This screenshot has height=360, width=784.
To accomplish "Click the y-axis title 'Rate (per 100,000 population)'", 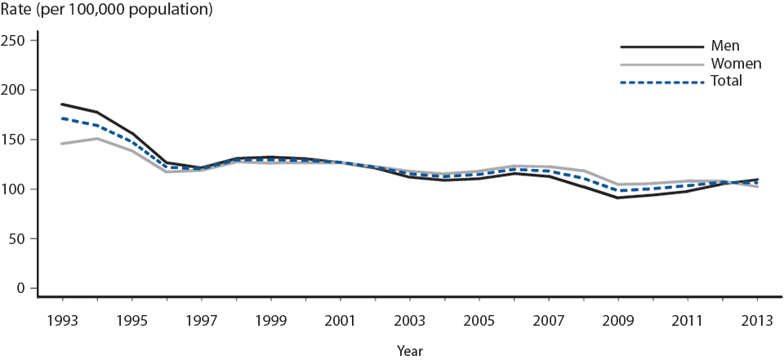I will [x=107, y=11].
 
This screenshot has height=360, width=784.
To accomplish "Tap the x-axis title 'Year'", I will [x=410, y=350].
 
